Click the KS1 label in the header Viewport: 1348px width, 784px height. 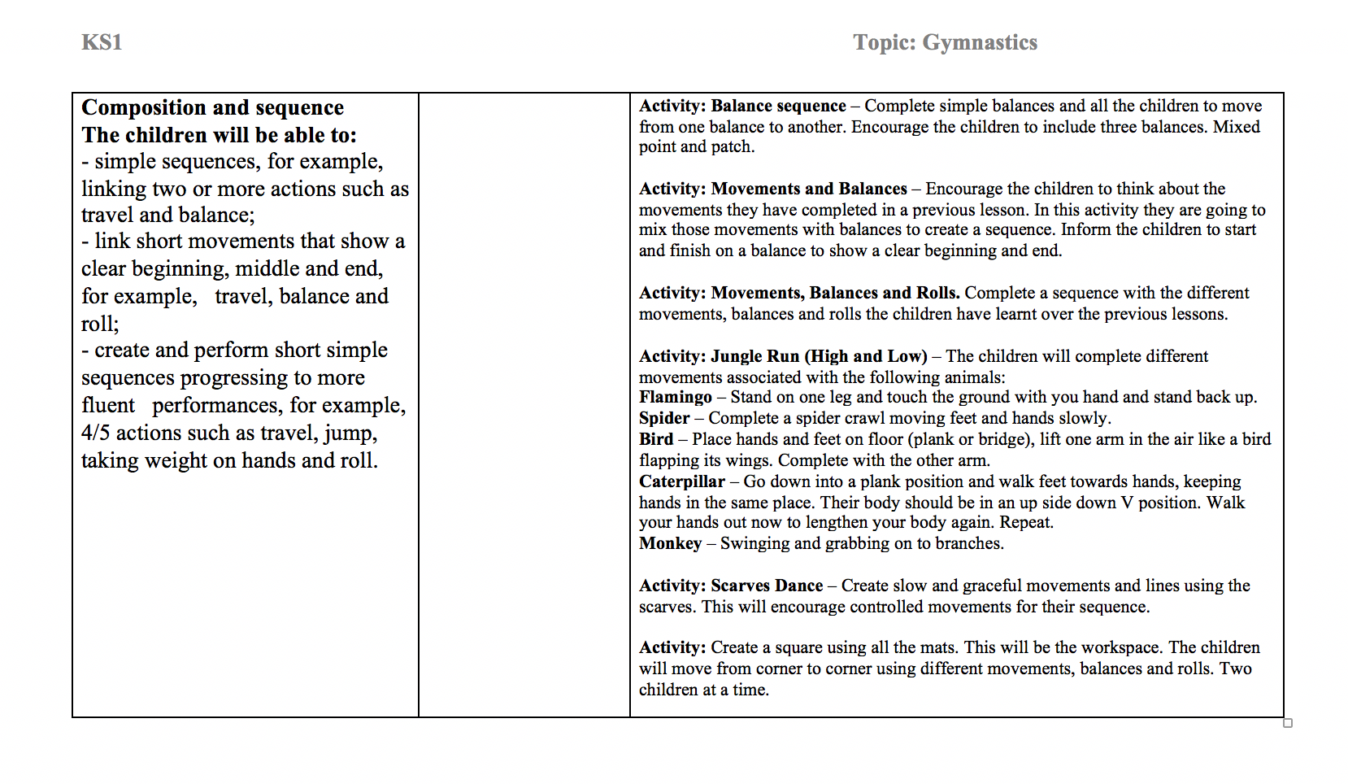pyautogui.click(x=102, y=42)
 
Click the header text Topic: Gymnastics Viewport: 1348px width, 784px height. pyautogui.click(x=945, y=42)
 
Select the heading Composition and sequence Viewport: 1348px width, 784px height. pyautogui.click(x=212, y=107)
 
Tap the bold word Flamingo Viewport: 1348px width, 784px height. pyautogui.click(x=675, y=397)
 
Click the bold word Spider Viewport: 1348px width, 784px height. pyautogui.click(x=663, y=418)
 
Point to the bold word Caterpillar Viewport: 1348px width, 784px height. pyautogui.click(x=681, y=481)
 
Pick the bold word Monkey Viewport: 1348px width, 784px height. pyautogui.click(x=670, y=543)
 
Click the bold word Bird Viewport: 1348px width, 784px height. pyautogui.click(x=655, y=439)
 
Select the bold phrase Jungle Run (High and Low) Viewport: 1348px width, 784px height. pyautogui.click(x=819, y=356)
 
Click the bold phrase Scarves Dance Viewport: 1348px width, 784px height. pyautogui.click(x=767, y=586)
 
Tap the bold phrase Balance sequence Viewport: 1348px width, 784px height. pyautogui.click(x=778, y=106)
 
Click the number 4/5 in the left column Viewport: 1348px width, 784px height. pyautogui.click(x=95, y=433)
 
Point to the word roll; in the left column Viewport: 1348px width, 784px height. pyautogui.click(x=100, y=324)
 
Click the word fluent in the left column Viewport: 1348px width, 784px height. pyautogui.click(x=108, y=405)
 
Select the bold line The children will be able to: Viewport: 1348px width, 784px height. pyautogui.click(x=219, y=135)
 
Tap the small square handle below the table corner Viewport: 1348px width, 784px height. pyautogui.click(x=1288, y=723)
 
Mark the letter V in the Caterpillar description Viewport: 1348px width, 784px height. pyautogui.click(x=1126, y=503)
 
